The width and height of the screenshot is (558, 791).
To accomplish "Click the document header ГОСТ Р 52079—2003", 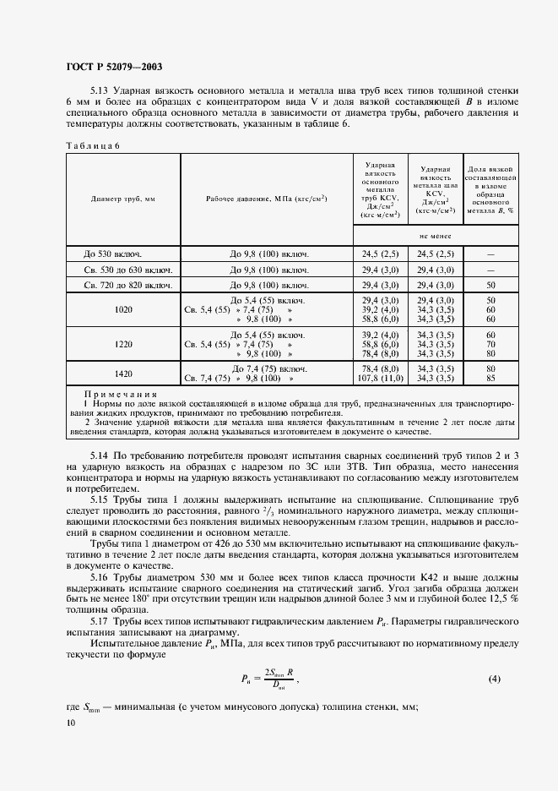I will (113, 67).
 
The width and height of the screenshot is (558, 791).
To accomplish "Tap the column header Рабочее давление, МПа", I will (267, 199).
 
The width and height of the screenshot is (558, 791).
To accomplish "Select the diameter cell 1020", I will (123, 310).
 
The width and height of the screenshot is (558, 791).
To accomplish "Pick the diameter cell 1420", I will (123, 374).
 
